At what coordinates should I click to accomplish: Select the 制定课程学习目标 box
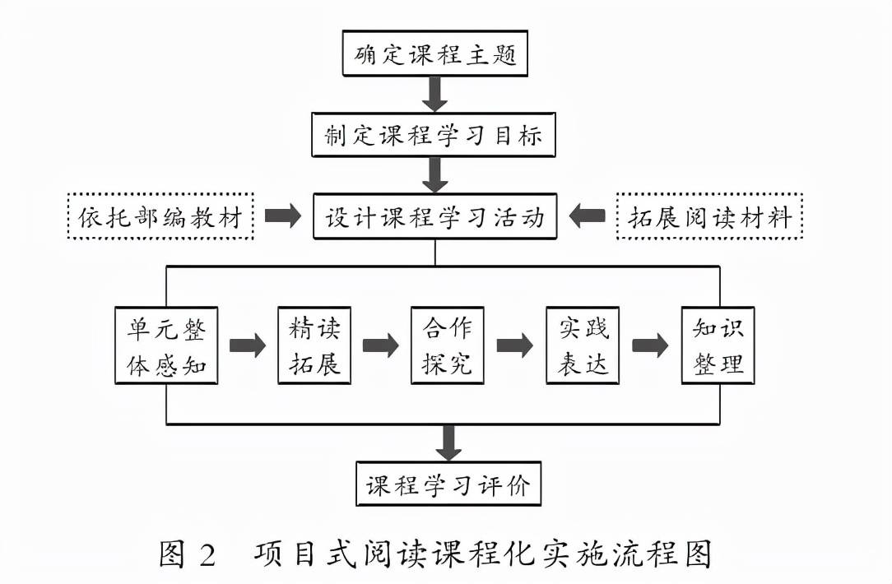pyautogui.click(x=434, y=135)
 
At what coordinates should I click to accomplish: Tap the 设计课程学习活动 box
pyautogui.click(x=434, y=216)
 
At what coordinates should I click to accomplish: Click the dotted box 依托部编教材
pyautogui.click(x=161, y=216)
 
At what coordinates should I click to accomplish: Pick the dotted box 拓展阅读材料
pyautogui.click(x=709, y=216)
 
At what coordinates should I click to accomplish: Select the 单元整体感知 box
pyautogui.click(x=166, y=345)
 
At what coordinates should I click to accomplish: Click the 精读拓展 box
pyautogui.click(x=314, y=345)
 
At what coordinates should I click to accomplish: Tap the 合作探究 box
pyautogui.click(x=447, y=345)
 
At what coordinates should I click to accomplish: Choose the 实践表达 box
pyautogui.click(x=583, y=345)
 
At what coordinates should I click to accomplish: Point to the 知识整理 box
pyautogui.click(x=718, y=345)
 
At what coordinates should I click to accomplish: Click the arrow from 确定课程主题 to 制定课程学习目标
pyautogui.click(x=434, y=95)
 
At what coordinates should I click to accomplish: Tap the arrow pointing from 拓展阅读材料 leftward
pyautogui.click(x=587, y=216)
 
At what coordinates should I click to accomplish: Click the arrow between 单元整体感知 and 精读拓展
pyautogui.click(x=248, y=345)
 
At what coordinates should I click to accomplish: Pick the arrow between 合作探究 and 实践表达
pyautogui.click(x=515, y=345)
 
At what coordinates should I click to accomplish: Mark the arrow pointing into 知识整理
pyautogui.click(x=650, y=345)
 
